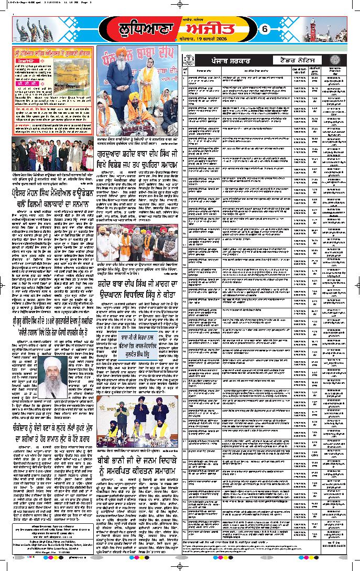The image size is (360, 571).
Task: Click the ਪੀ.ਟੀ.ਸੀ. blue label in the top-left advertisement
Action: tap(27, 84)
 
